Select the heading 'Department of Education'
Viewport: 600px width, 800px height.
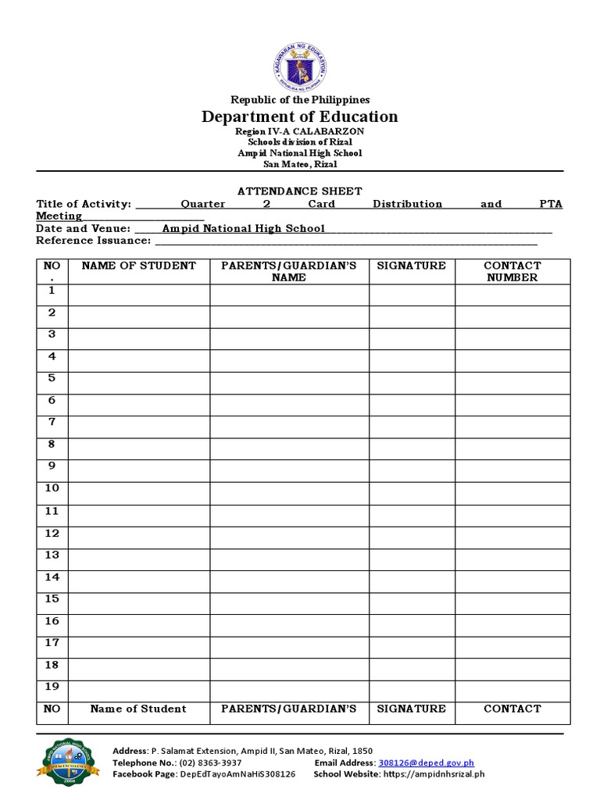[300, 116]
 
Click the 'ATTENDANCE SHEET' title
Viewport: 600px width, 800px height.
[300, 191]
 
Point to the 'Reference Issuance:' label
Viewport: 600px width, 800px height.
[93, 241]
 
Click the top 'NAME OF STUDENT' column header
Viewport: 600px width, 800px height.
[138, 266]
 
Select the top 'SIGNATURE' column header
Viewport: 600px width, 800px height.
[411, 266]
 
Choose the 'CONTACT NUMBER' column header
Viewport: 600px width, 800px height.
[512, 271]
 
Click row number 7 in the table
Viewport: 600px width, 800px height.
[52, 422]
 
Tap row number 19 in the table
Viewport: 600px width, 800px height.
[52, 687]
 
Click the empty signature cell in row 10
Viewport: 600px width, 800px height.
[411, 492]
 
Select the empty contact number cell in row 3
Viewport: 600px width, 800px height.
[512, 338]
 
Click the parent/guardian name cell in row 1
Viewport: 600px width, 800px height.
[289, 295]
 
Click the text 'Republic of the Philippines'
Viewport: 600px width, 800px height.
[300, 99]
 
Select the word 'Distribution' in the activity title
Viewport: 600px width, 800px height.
[407, 204]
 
